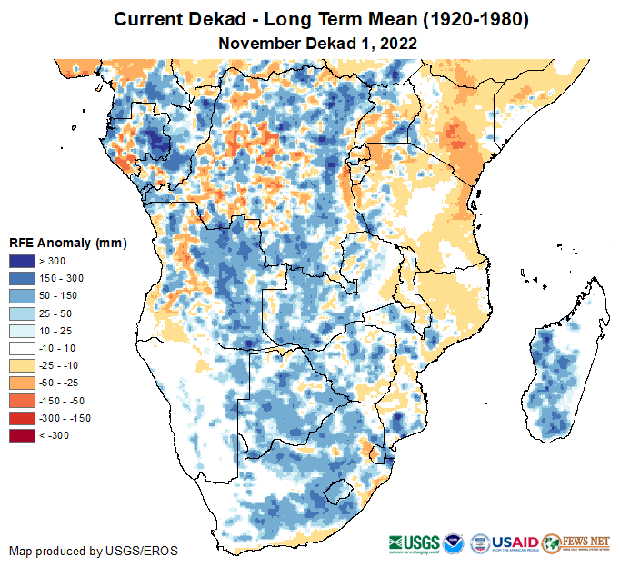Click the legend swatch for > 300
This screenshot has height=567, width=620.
tap(23, 262)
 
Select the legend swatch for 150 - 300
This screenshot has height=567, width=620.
tap(23, 279)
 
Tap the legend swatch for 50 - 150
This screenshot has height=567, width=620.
tap(23, 296)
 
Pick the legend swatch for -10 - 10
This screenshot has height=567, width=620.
tap(23, 348)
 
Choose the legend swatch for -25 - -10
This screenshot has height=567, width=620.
tap(23, 365)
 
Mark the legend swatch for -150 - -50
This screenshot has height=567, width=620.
tap(23, 401)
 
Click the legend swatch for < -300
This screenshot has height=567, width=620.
tap(23, 435)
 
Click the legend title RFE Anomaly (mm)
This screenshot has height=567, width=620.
tap(67, 243)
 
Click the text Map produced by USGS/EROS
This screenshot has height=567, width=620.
tap(94, 551)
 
